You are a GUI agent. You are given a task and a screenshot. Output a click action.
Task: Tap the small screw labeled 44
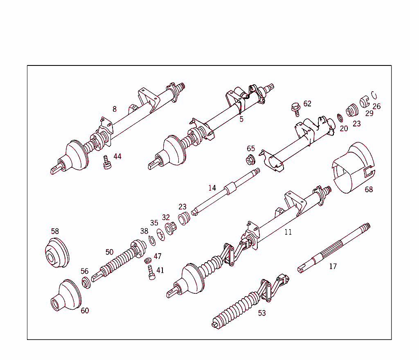click(107, 162)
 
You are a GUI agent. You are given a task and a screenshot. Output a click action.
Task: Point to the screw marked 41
click(151, 273)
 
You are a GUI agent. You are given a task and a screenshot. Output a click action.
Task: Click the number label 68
click(369, 189)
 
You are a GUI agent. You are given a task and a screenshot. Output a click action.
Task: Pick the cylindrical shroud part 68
click(353, 168)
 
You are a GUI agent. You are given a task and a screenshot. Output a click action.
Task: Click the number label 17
click(333, 266)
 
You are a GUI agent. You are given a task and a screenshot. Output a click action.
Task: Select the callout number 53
click(261, 313)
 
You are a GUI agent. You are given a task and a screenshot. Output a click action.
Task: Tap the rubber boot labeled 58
click(56, 253)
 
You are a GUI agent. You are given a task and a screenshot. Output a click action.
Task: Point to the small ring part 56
click(86, 283)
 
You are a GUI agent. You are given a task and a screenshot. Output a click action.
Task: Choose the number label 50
click(109, 252)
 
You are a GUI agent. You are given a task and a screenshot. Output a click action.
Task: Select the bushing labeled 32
click(169, 227)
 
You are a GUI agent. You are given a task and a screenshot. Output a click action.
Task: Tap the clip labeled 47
click(148, 260)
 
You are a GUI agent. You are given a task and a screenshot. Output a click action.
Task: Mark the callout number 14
click(212, 188)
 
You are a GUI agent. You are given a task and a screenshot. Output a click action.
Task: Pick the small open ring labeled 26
click(373, 95)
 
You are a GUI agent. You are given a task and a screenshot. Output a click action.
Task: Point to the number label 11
click(288, 232)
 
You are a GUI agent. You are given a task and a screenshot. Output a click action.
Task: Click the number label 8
click(115, 109)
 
